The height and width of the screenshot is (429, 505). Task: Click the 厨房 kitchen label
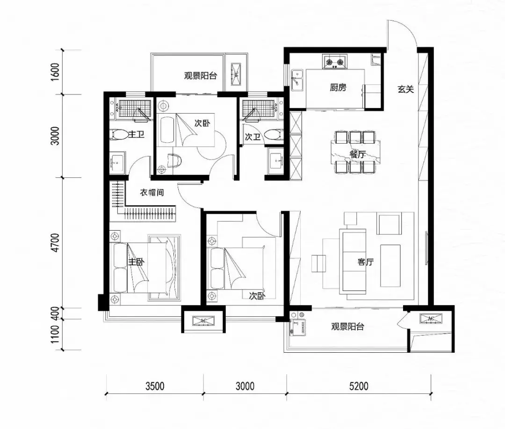tap(338, 87)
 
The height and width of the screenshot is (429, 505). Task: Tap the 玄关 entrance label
tap(405, 89)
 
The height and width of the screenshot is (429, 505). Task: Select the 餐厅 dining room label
tap(358, 154)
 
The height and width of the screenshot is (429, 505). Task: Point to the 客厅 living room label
tap(366, 262)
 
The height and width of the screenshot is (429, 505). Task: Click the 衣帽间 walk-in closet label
tap(152, 192)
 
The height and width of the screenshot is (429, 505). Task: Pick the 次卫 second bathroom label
tap(252, 137)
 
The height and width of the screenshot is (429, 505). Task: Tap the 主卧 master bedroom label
tap(136, 262)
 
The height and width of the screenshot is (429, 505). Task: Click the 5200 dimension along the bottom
tap(359, 386)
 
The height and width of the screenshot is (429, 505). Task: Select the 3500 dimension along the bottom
tap(155, 386)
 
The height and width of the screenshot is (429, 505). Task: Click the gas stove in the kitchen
tap(335, 61)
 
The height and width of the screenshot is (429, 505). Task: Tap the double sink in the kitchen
tap(297, 80)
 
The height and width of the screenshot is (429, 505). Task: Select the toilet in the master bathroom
tap(117, 134)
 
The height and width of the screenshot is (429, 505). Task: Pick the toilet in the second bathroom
tap(274, 134)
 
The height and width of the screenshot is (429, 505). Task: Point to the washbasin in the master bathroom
tap(117, 162)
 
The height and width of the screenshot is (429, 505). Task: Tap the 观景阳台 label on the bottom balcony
tap(347, 327)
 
